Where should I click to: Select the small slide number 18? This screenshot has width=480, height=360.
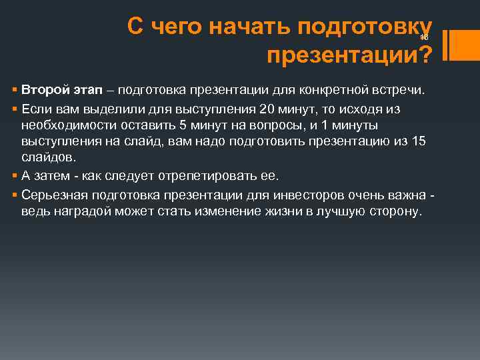pyautogui.click(x=424, y=37)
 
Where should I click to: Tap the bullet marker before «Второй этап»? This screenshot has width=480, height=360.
pyautogui.click(x=15, y=89)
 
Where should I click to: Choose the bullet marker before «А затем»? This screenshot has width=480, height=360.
pyautogui.click(x=15, y=176)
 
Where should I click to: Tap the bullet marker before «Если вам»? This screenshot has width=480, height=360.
pyautogui.click(x=15, y=107)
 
